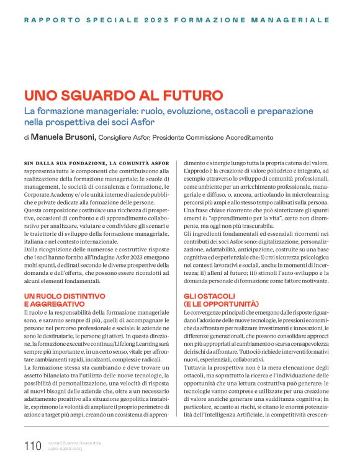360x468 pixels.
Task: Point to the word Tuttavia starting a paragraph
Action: pyautogui.click(x=195, y=368)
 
